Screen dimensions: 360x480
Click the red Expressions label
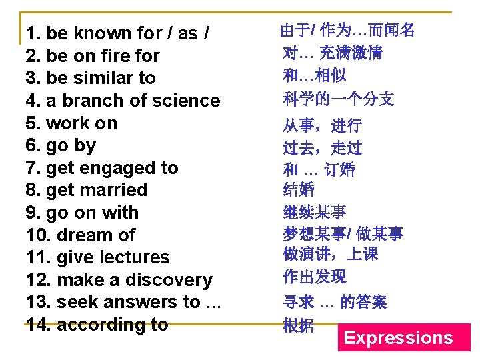[398, 338]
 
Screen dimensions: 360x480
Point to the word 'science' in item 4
[187, 101]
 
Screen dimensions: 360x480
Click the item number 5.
[33, 123]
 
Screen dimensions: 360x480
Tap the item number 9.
[33, 213]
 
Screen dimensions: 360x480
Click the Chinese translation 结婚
[299, 190]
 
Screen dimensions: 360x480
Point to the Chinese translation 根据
[299, 325]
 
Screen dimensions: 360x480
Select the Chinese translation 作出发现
[315, 277]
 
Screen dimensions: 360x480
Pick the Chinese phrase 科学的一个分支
[339, 99]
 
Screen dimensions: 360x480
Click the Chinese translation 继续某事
[315, 213]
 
